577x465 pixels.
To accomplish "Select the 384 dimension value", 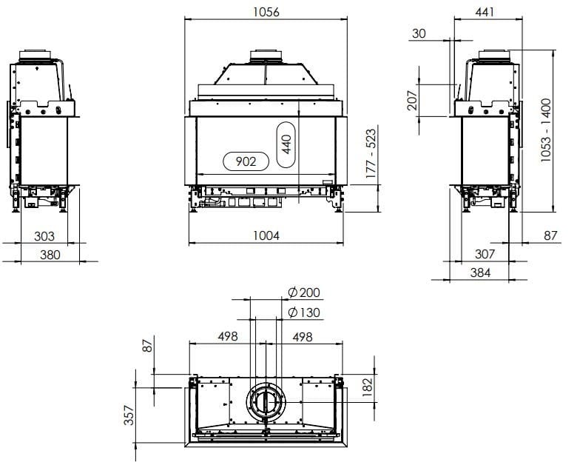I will tap(479, 272).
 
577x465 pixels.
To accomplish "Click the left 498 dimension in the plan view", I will tap(227, 336).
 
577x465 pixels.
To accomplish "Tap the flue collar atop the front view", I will tap(266, 56).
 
